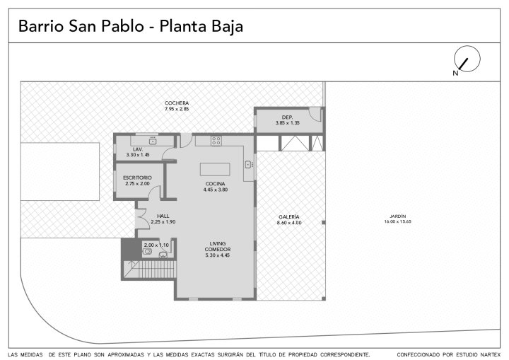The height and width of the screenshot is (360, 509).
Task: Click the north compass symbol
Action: pos(467,59)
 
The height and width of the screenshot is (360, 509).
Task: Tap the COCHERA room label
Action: pos(177,103)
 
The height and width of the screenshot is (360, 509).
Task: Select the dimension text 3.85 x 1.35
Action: pos(287,123)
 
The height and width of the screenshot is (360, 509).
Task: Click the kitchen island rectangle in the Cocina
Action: pos(215,169)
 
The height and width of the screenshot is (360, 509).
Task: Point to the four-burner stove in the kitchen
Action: pos(216,141)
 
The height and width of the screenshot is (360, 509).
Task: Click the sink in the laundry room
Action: pos(153,141)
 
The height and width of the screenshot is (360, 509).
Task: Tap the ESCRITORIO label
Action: pos(137,178)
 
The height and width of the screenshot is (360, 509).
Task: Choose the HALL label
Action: pos(163,216)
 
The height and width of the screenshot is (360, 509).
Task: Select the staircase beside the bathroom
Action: pos(150,269)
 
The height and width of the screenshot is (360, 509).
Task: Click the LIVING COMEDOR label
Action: pos(218,246)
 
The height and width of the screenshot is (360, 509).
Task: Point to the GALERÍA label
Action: pos(289,216)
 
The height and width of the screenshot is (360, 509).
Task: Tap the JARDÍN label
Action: pos(397,216)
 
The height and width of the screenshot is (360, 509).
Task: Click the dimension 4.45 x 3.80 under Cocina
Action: pos(215,190)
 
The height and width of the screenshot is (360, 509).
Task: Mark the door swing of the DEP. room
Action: pos(315,114)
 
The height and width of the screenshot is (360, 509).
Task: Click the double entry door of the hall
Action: pos(142,219)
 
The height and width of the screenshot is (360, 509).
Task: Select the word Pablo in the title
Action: pos(123,26)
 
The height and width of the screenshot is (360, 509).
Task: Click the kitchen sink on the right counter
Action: pos(248,165)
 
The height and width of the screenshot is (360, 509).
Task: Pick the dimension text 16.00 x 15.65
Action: pos(397,221)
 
